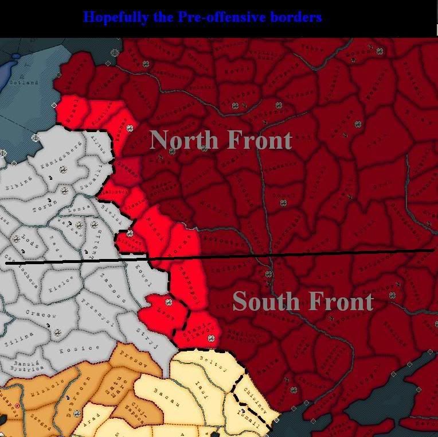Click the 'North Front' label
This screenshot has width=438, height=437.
coord(221,140)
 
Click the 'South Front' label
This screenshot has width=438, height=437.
coord(303,301)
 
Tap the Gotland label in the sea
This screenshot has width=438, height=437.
coord(24,82)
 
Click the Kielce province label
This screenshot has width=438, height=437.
coord(61,281)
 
